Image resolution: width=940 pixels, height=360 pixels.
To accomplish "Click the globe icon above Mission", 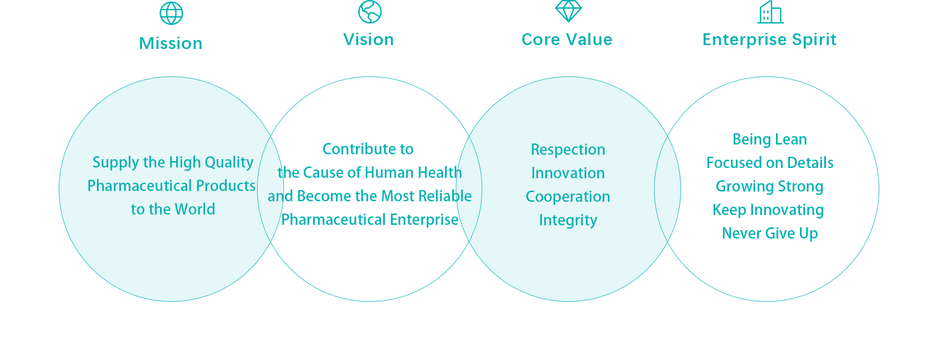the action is pyautogui.click(x=171, y=13).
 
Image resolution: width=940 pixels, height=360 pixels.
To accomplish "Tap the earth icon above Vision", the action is pyautogui.click(x=370, y=12).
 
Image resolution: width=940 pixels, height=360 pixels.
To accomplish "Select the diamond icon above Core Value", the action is pyautogui.click(x=568, y=11).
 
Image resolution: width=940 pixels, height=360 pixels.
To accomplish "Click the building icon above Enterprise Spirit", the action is pyautogui.click(x=771, y=12).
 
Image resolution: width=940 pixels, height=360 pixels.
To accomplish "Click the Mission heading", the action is pyautogui.click(x=171, y=44).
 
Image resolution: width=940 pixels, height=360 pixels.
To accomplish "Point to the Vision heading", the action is pyautogui.click(x=369, y=40).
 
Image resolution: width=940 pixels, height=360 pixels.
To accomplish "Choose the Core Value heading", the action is pyautogui.click(x=567, y=40).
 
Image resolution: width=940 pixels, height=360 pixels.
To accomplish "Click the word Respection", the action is pyautogui.click(x=568, y=150).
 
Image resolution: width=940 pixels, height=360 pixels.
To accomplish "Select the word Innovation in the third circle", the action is pyautogui.click(x=568, y=173).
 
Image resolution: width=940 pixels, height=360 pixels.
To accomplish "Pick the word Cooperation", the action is pyautogui.click(x=568, y=197).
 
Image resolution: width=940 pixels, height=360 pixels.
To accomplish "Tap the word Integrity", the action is pyautogui.click(x=568, y=220).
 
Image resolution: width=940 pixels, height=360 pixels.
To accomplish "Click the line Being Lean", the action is pyautogui.click(x=770, y=140).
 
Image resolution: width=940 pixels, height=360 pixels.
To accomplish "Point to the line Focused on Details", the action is pyautogui.click(x=770, y=163).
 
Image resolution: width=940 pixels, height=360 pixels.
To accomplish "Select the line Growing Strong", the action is pyautogui.click(x=770, y=187).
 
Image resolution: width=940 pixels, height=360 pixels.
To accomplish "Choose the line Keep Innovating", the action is pyautogui.click(x=768, y=210).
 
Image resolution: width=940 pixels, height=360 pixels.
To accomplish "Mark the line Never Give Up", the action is pyautogui.click(x=770, y=234).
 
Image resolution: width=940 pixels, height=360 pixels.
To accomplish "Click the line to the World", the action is pyautogui.click(x=173, y=210).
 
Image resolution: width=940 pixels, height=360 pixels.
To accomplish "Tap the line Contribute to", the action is pyautogui.click(x=368, y=149).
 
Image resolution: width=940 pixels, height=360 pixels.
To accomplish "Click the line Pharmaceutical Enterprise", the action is pyautogui.click(x=370, y=220).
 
